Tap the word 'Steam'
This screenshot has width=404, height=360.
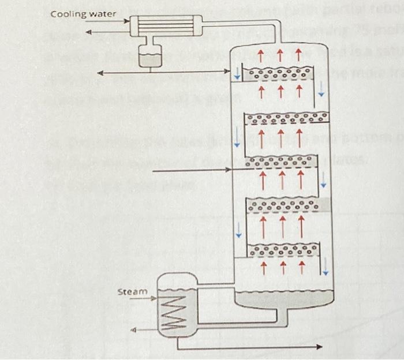132,292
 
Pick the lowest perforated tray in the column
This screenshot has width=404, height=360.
283,250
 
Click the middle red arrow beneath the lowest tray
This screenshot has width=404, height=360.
282,267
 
